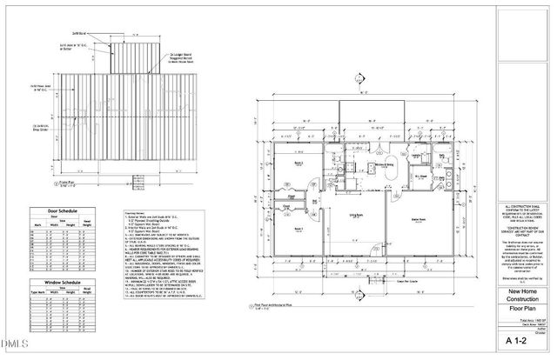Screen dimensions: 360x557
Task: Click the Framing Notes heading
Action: (x=134, y=210)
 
